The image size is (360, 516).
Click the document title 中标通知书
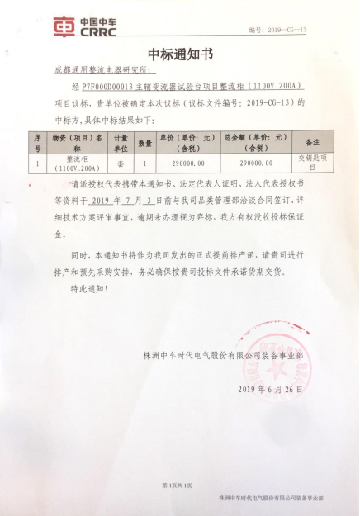[179, 55]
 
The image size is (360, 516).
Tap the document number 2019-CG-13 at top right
[286, 30]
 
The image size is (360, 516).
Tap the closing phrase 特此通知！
[88, 290]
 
